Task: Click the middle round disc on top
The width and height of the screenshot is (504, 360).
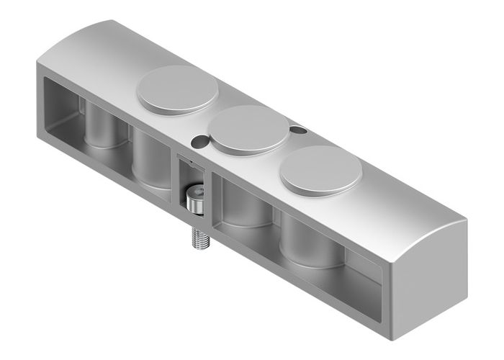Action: (248, 129)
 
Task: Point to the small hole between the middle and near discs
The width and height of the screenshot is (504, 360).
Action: (296, 130)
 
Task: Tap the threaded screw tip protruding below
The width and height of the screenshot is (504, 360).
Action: (201, 238)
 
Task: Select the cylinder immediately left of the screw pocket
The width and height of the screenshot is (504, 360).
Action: (151, 158)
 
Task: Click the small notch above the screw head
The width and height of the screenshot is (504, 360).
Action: (189, 163)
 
